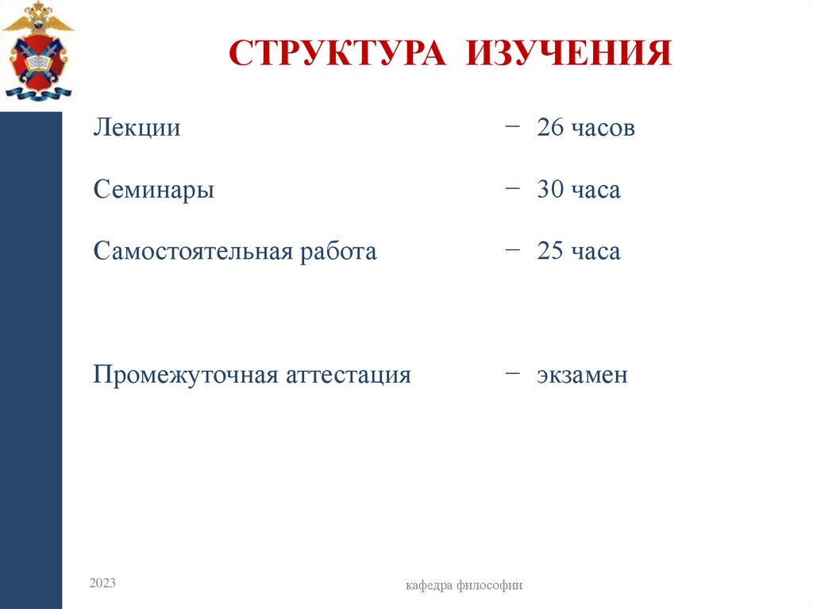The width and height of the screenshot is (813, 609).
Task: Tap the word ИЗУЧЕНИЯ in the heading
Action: [x=568, y=53]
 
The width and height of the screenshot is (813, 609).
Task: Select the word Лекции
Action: [x=137, y=128]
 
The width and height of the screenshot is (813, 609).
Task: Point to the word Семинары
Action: [x=153, y=191]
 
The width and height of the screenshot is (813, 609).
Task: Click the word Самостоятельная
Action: [x=193, y=252]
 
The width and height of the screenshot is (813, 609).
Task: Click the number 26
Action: [x=549, y=128]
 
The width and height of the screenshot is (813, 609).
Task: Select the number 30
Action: [x=549, y=191]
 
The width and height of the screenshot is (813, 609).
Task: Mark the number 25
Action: [x=549, y=252]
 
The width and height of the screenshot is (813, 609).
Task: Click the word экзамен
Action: [x=582, y=375]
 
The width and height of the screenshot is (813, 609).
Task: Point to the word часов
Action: [x=603, y=128]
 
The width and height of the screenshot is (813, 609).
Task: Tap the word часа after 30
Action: [x=595, y=191]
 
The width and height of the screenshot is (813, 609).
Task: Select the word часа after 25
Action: [x=595, y=252]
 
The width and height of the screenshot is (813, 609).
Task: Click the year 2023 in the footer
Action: [x=102, y=584]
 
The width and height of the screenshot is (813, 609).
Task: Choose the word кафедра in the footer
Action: [x=429, y=586]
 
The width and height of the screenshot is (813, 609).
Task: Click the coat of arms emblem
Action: [x=37, y=52]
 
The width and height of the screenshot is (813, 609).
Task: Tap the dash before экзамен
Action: [x=512, y=372]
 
